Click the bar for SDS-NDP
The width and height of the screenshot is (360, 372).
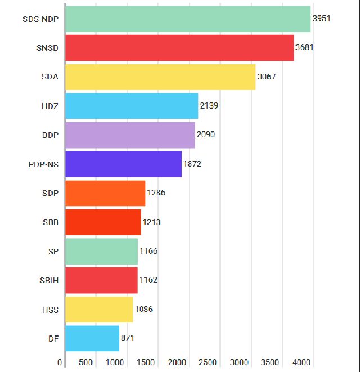tap(188, 19)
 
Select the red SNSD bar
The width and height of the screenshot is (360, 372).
tap(179, 48)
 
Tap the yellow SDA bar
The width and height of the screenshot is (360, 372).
tap(160, 77)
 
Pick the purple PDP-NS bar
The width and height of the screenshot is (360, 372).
tap(123, 164)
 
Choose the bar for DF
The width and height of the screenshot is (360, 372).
tap(92, 338)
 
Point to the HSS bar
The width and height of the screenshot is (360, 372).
tap(99, 310)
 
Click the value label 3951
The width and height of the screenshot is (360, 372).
tap(321, 19)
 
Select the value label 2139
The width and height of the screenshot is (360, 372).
tap(209, 106)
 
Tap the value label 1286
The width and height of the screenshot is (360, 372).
tap(156, 193)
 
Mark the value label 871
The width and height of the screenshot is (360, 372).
tap(127, 338)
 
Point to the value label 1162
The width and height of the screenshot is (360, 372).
tap(148, 280)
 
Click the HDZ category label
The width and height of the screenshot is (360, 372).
tap(50, 106)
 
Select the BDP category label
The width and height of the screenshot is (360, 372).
tap(50, 135)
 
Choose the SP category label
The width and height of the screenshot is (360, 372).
tap(53, 251)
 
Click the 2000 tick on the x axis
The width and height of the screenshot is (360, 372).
tap(177, 362)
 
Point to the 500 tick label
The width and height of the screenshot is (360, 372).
tap(86, 362)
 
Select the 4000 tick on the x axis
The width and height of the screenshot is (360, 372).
tap(301, 362)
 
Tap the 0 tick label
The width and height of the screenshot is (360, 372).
tap(60, 362)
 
